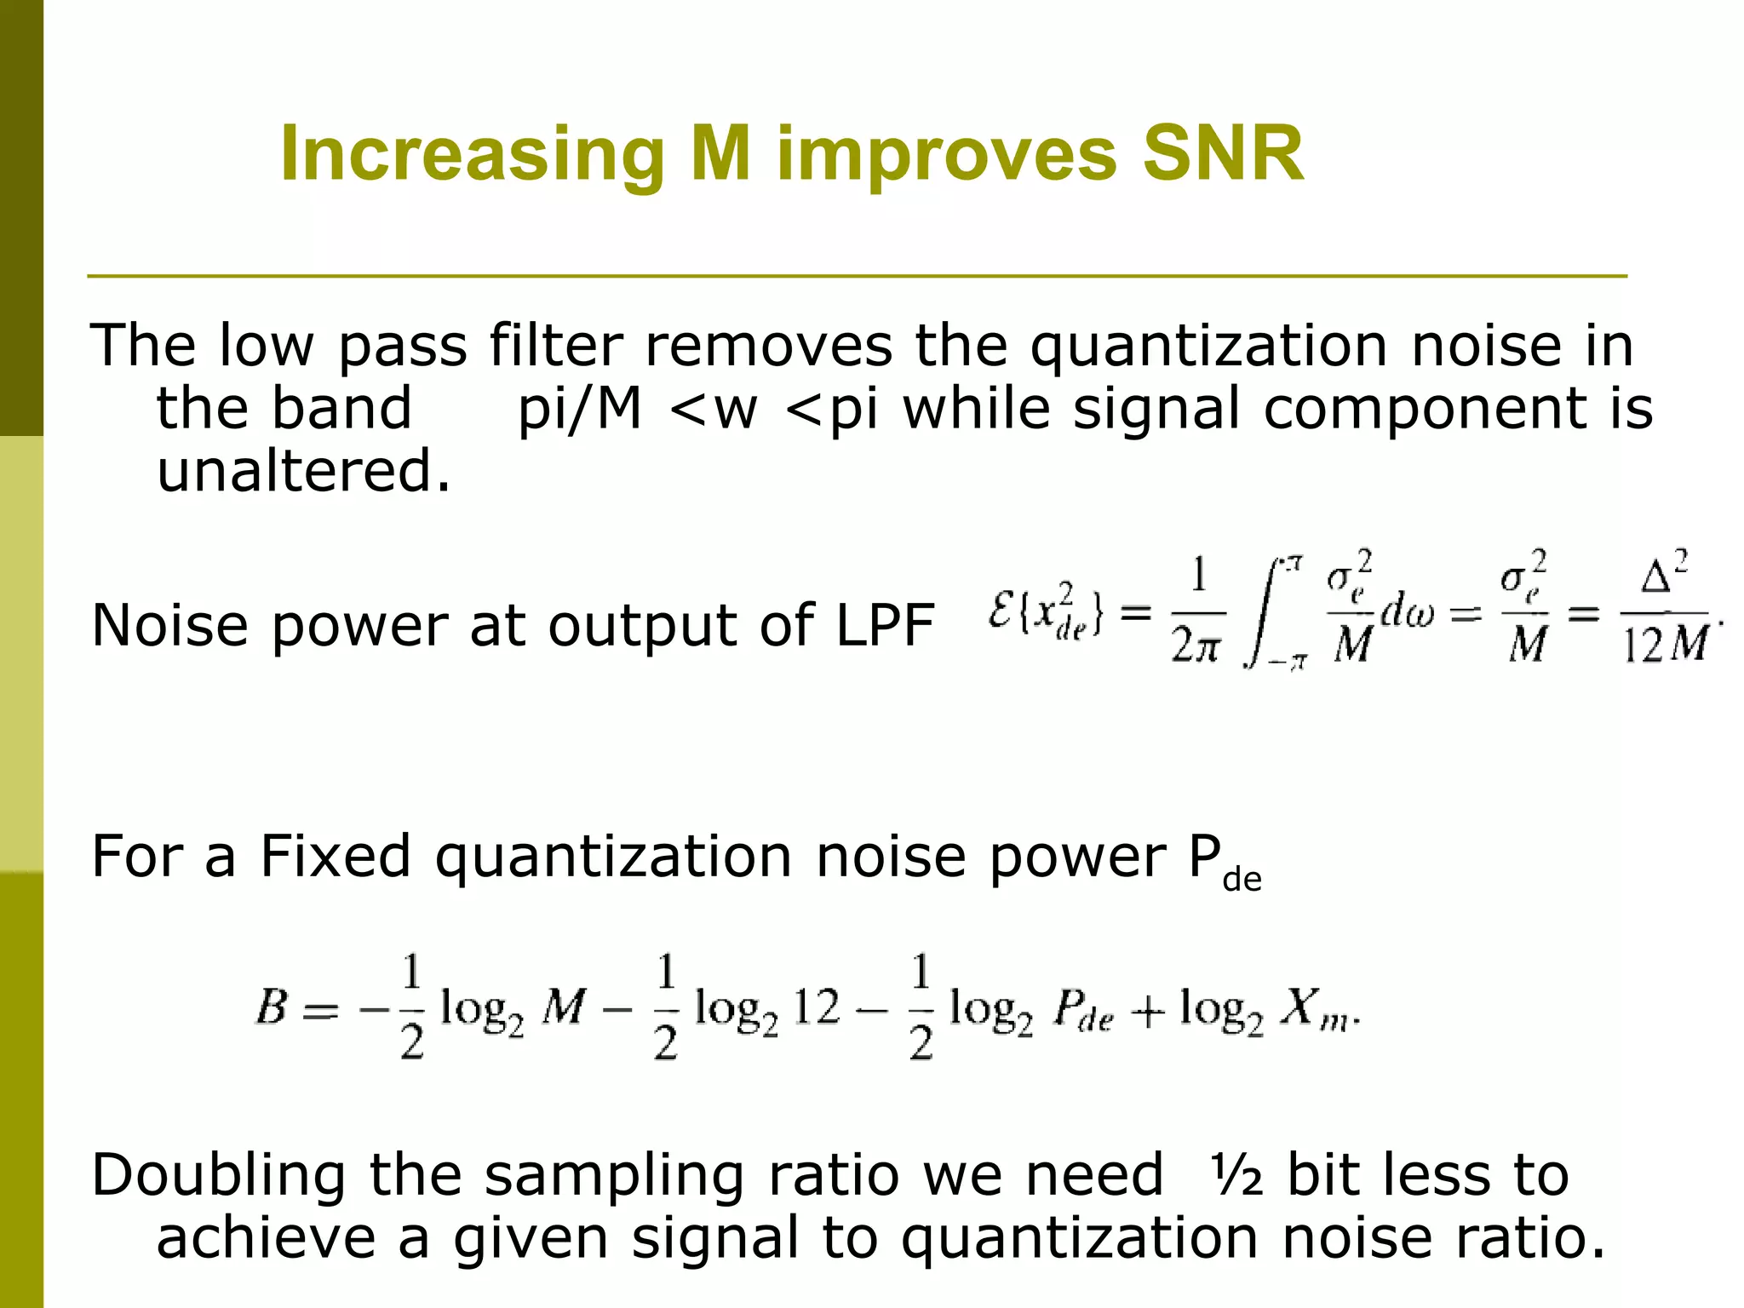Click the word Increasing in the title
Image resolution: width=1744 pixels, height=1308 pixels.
[x=472, y=154]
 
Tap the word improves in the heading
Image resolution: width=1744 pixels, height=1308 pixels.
[x=946, y=154]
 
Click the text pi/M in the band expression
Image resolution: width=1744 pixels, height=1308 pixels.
[x=579, y=409]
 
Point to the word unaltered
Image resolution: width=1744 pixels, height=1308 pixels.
[x=302, y=471]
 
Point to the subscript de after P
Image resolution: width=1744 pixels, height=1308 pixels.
[x=1242, y=880]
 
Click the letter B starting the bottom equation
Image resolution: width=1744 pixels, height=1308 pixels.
[x=272, y=1008]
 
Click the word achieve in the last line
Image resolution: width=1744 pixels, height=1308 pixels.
[x=266, y=1238]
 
